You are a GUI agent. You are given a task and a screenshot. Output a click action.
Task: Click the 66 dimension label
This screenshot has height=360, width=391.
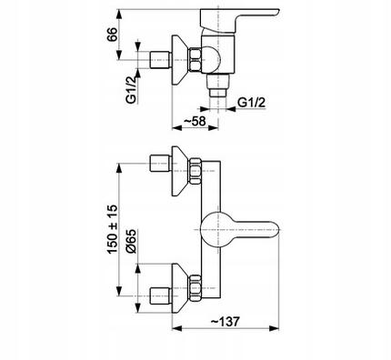112,35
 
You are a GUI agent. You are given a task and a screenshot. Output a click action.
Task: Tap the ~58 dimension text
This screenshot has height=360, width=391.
195,121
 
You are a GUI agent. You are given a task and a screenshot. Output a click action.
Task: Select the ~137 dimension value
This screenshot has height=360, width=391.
226,322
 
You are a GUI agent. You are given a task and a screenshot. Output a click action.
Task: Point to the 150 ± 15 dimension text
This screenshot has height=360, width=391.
112,229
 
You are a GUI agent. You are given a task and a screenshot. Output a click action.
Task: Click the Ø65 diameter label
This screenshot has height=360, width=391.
132,241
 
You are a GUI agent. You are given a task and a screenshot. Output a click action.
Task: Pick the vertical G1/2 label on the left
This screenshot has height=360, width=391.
132,90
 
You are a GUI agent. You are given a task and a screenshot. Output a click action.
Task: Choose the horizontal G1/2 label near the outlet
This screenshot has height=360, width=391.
251,103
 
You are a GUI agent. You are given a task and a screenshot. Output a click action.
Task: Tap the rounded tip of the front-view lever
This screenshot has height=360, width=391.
275,230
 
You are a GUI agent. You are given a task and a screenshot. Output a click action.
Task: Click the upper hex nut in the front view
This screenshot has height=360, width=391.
195,171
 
